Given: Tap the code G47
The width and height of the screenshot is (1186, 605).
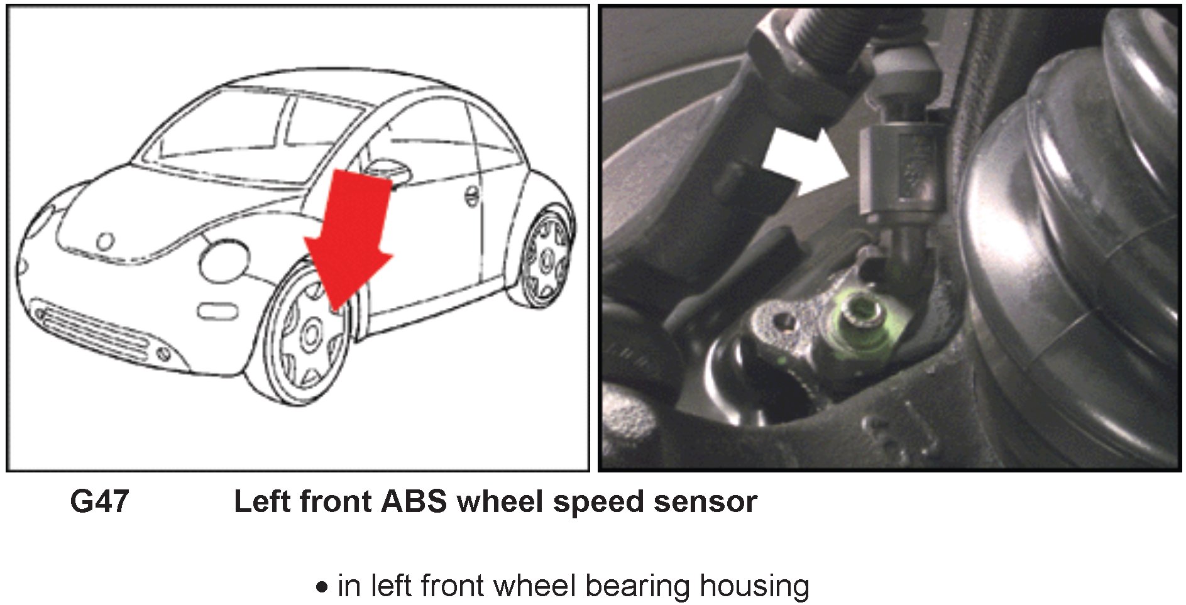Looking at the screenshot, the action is [x=99, y=502].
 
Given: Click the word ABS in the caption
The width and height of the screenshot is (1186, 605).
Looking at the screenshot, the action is [x=414, y=502].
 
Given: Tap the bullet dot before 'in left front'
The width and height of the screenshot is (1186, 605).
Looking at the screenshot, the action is [x=322, y=588].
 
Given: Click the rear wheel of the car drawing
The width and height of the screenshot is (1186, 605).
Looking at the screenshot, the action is [x=546, y=258].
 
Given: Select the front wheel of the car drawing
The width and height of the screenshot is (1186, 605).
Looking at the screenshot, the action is [x=311, y=336].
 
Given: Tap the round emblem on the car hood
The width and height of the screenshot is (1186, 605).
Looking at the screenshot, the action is [x=105, y=241].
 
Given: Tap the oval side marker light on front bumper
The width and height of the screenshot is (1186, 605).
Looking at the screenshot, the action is [x=217, y=310].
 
